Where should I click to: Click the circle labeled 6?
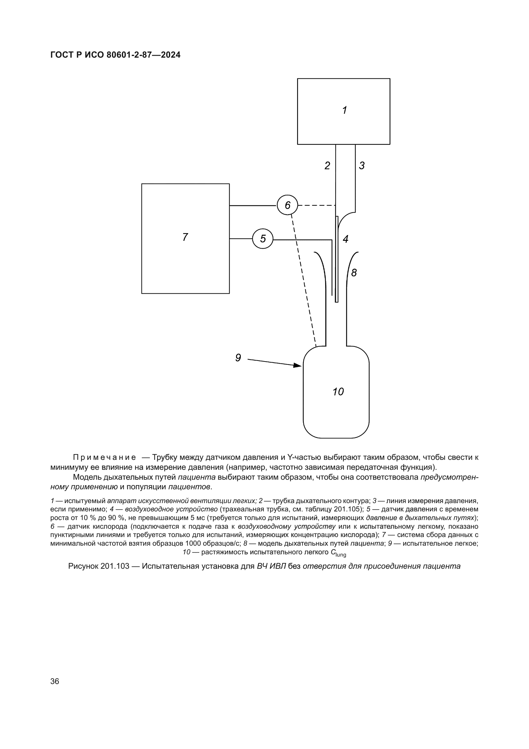(287, 205)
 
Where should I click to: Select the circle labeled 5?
(263, 239)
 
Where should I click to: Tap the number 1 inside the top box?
(344, 110)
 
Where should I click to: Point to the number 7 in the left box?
(185, 237)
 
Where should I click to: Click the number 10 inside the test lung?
(338, 391)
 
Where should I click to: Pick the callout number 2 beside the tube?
(327, 166)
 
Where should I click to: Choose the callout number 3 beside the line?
(362, 166)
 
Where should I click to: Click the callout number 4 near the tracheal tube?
(345, 239)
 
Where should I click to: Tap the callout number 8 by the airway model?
(354, 273)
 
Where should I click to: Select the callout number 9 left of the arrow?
(238, 358)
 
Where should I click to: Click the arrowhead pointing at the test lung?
(297, 365)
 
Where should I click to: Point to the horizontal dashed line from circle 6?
(317, 205)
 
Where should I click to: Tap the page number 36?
(55, 681)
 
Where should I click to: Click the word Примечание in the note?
(104, 457)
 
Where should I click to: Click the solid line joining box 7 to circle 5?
(241, 239)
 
